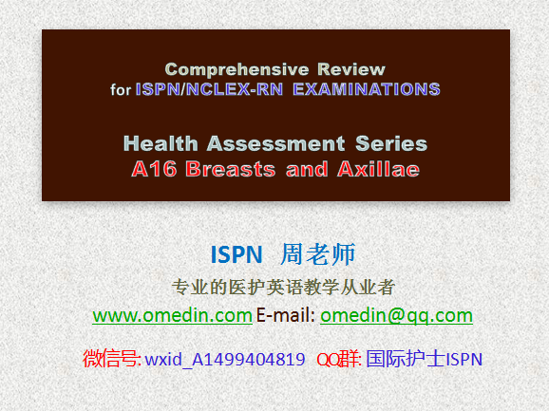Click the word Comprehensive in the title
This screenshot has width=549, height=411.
[x=237, y=69]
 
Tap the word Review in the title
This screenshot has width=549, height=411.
[x=351, y=69]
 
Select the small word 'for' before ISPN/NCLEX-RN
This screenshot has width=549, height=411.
[x=121, y=89]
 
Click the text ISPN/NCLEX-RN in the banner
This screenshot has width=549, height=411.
[x=209, y=89]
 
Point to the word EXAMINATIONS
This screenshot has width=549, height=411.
[x=367, y=89]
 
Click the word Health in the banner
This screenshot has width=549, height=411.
[x=161, y=143]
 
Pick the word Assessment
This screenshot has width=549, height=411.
[x=275, y=143]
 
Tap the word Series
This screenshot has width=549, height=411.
[x=391, y=143]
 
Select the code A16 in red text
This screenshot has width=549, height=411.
[x=154, y=169]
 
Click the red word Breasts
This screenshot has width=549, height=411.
[x=231, y=169]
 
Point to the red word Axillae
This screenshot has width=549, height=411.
[x=378, y=169]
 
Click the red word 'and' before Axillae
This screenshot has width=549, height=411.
[x=307, y=169]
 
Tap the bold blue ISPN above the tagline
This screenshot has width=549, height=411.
[x=237, y=254]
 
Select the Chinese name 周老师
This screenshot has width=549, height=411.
[x=318, y=254]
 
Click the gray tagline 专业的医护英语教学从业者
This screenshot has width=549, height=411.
[x=283, y=288]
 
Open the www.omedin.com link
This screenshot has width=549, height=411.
[x=172, y=315]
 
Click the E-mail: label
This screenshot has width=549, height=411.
[x=286, y=315]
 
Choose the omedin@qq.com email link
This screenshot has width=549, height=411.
[x=396, y=316]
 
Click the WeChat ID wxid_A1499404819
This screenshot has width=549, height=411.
[x=225, y=359]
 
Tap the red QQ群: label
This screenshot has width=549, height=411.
[x=339, y=359]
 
